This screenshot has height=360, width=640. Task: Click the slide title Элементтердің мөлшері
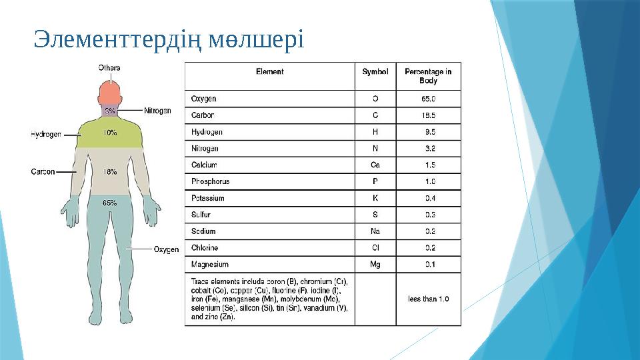pos(169,40)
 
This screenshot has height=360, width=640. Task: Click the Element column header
pos(269,71)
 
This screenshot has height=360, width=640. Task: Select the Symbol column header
pos(375,71)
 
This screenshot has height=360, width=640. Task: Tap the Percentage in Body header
pos(428,76)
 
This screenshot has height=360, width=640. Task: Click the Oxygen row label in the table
pos(203,99)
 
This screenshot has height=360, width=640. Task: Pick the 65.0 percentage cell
pos(428,99)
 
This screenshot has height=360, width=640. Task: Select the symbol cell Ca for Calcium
pos(375,165)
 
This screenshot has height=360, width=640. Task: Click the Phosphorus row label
pos(210,181)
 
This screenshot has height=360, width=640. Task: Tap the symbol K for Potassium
pos(375,198)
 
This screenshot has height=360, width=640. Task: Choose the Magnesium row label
pos(210,264)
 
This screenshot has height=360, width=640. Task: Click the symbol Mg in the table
pos(375,264)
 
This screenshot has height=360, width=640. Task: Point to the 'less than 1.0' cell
pos(428,299)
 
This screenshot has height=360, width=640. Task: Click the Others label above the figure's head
pos(109,67)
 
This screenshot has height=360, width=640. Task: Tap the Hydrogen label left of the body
pos(46,134)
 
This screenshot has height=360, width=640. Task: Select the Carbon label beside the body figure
pos(43,171)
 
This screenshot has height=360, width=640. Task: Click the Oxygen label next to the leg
pos(166,249)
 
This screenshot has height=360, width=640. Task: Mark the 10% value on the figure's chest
pos(110,133)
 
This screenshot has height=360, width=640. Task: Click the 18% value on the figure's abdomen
pos(110,171)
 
